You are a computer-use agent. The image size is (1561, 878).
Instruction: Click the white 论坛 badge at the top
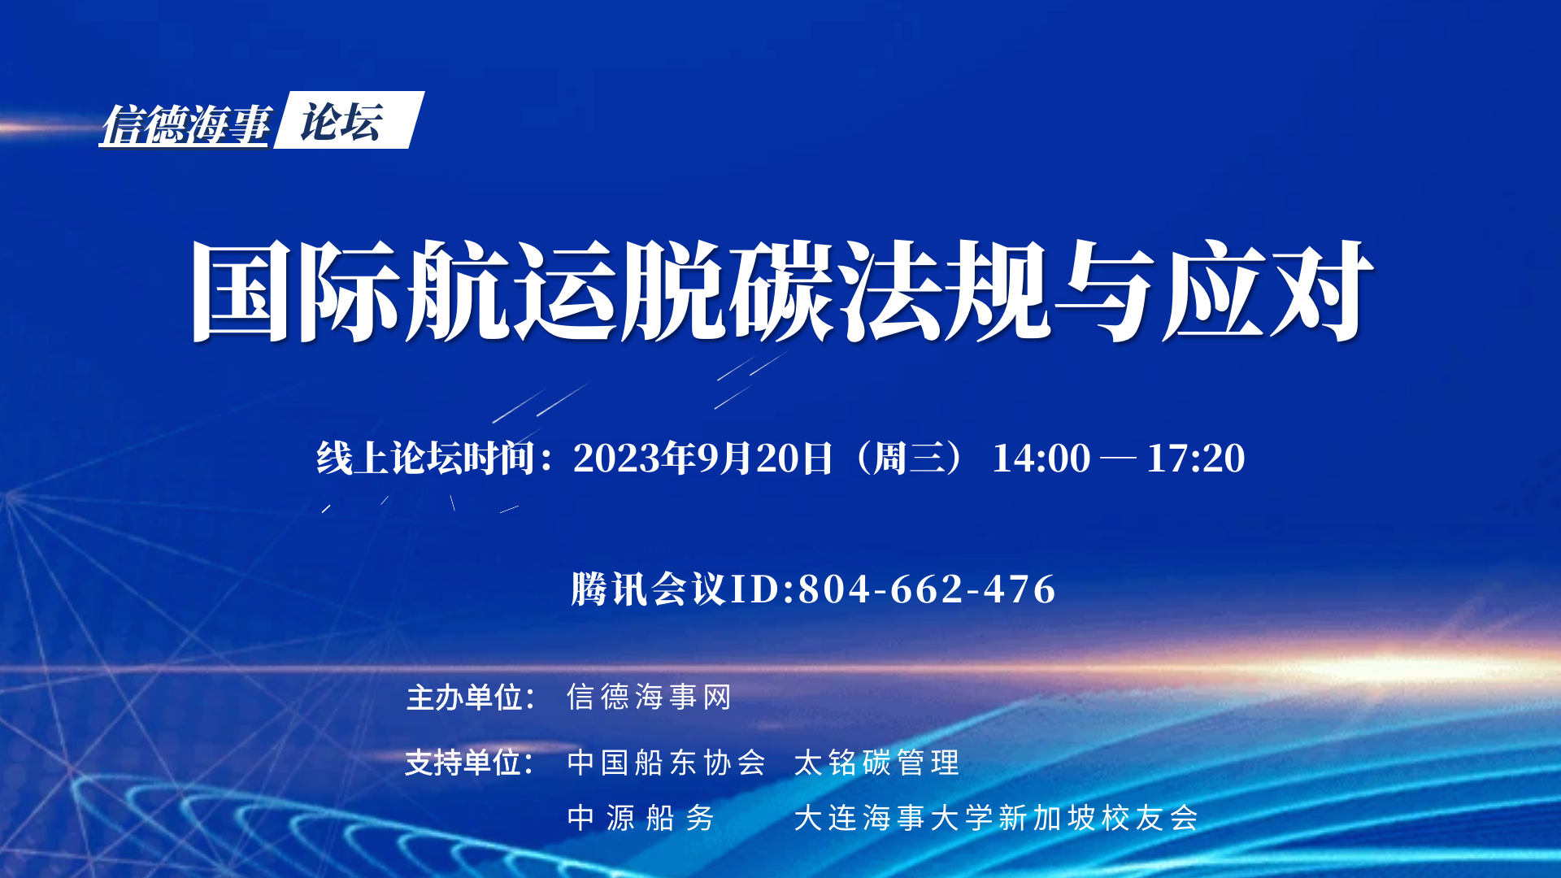[x=349, y=120]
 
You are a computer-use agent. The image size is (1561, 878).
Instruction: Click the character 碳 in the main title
[x=782, y=290]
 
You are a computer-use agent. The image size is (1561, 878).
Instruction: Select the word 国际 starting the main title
[x=297, y=290]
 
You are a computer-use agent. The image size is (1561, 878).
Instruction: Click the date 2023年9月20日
[x=703, y=458]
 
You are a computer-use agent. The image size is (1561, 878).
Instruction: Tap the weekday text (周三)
[x=910, y=458]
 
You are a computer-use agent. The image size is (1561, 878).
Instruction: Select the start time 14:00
[x=1041, y=458]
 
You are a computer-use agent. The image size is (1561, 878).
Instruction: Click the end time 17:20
[x=1196, y=458]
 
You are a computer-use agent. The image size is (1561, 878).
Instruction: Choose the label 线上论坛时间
[x=426, y=458]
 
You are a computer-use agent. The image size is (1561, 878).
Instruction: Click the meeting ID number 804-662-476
[x=927, y=589]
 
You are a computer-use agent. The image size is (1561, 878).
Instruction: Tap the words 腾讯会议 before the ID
[x=648, y=589]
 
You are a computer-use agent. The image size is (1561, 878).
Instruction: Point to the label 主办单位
[x=464, y=698]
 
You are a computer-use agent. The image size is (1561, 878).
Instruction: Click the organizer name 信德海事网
[x=649, y=698]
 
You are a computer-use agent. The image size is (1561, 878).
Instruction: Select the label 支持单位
[x=463, y=763]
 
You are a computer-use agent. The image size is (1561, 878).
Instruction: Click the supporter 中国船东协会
[x=667, y=763]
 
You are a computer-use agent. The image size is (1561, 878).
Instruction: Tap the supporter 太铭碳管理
[x=876, y=763]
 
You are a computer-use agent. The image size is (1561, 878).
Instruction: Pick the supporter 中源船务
[x=641, y=818]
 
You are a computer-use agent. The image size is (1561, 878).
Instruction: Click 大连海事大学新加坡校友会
[x=996, y=818]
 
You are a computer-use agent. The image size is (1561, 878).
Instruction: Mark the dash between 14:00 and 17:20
[x=1118, y=459]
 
